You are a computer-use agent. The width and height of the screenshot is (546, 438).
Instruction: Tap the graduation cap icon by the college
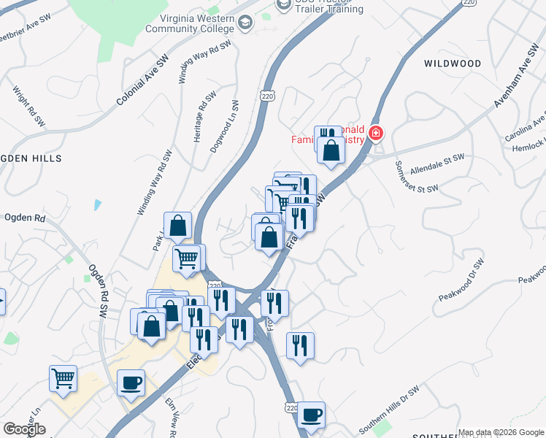(x=246, y=24)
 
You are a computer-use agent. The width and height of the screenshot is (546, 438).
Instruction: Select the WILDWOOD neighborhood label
(x=453, y=64)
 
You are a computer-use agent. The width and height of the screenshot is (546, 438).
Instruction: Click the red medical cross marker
(x=376, y=134)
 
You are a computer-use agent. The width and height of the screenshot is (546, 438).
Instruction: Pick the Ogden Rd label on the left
(x=25, y=218)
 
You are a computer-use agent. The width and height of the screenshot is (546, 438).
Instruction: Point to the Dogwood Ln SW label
(x=225, y=126)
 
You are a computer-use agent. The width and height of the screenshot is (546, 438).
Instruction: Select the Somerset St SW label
(x=416, y=177)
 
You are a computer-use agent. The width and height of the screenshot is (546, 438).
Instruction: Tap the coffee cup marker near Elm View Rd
(x=131, y=383)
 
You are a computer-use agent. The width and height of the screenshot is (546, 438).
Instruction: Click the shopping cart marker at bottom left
(x=64, y=379)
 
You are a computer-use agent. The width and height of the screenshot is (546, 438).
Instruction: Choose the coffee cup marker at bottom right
(x=311, y=415)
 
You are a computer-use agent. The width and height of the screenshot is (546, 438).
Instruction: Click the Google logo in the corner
(x=24, y=429)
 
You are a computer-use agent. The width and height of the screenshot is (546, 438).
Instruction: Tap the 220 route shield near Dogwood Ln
(x=267, y=96)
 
